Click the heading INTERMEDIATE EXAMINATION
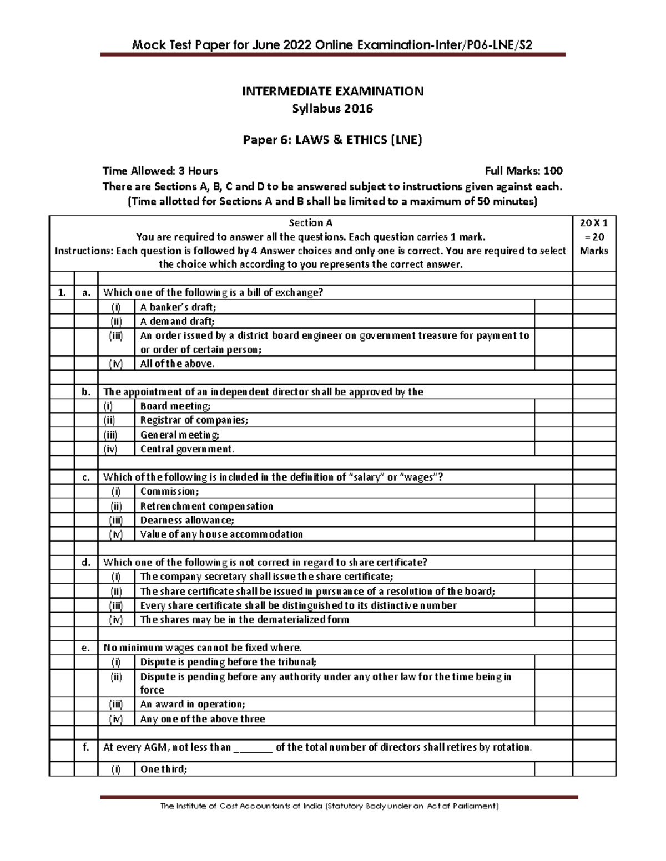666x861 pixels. (332, 91)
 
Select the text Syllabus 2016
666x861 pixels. (332, 109)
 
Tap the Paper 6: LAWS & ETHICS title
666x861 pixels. (332, 140)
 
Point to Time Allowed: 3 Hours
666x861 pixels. (160, 171)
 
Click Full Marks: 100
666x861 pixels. (523, 171)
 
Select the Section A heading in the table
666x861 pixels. (310, 223)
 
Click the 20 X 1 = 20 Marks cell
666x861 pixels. (594, 237)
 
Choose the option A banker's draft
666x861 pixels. (178, 307)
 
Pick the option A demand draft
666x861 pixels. (177, 321)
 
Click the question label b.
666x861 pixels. (86, 392)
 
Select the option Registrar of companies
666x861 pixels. (194, 420)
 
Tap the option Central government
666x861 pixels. (187, 449)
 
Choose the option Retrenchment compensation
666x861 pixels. (206, 506)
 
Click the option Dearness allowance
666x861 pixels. (187, 520)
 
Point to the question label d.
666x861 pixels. (86, 563)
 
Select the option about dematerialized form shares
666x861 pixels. (244, 620)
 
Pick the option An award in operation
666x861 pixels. (192, 704)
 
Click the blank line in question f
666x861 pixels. (253, 748)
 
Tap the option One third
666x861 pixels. (164, 769)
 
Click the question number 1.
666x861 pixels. (61, 293)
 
